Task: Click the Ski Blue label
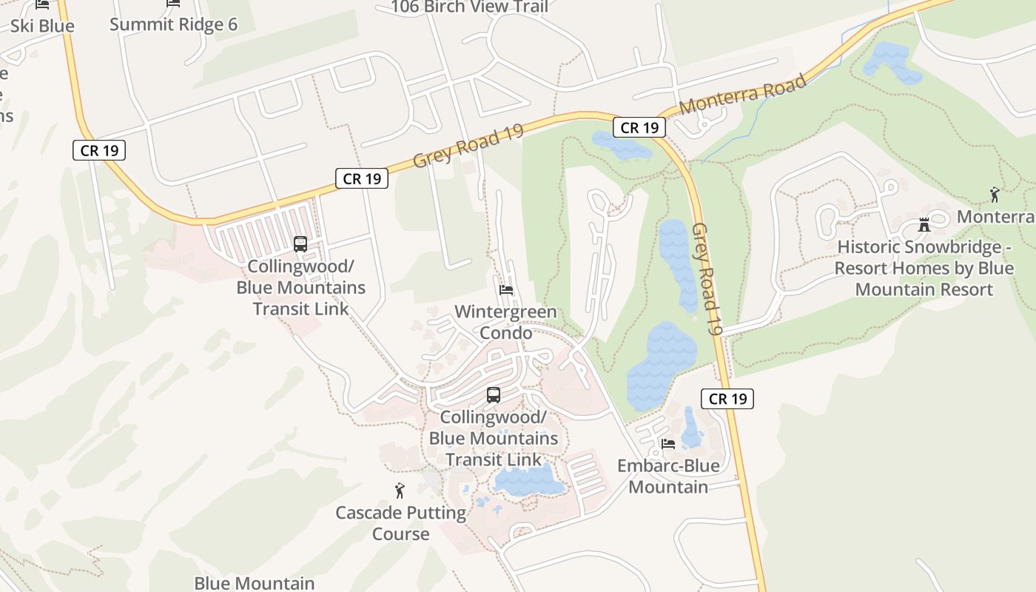42,26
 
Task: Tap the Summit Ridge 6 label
173,24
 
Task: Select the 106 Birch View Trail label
469,7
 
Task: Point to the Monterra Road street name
742,94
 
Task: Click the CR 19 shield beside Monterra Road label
639,128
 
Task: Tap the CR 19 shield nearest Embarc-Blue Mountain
727,399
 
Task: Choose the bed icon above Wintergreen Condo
506,289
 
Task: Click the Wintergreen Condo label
505,322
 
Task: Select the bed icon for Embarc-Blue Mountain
668,444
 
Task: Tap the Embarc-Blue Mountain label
668,476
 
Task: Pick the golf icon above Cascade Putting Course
400,490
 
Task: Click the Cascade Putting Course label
400,522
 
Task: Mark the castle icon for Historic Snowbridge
924,224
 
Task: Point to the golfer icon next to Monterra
995,195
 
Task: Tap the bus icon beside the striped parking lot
300,243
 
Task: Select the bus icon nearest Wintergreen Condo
494,395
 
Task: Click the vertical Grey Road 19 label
707,279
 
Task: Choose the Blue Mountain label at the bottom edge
254,583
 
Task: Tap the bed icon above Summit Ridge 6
173,3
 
